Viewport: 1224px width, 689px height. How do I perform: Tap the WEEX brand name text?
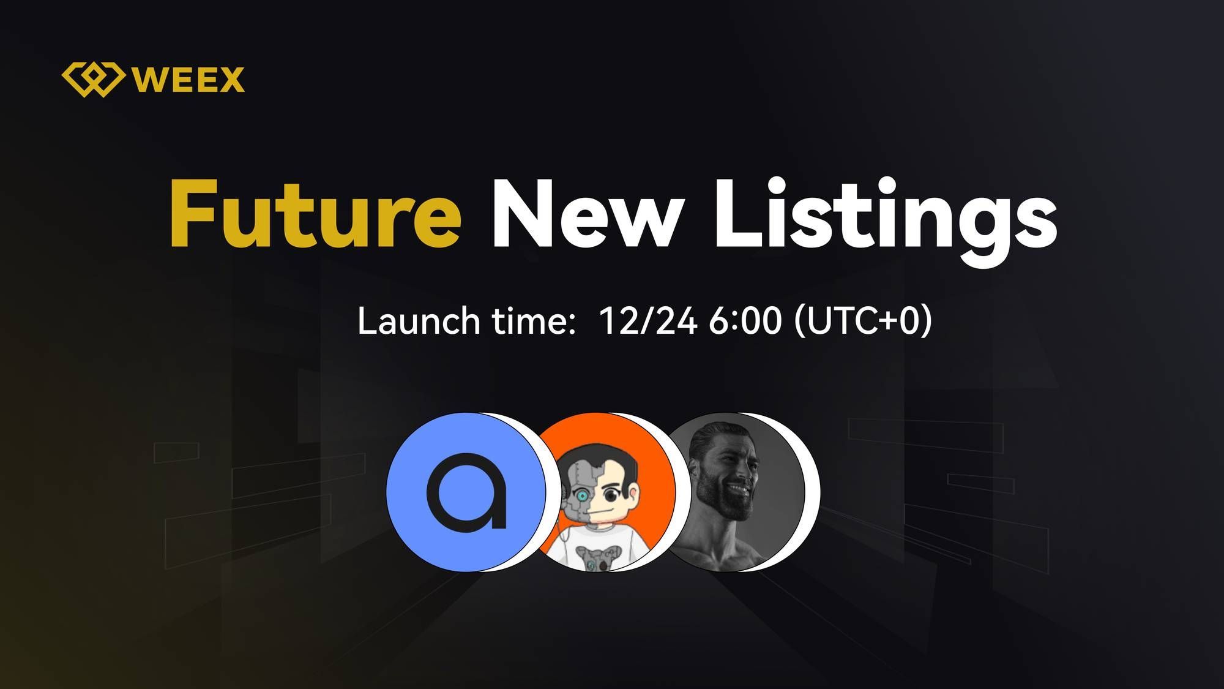(x=188, y=80)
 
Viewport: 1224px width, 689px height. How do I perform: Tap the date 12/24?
(x=648, y=320)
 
